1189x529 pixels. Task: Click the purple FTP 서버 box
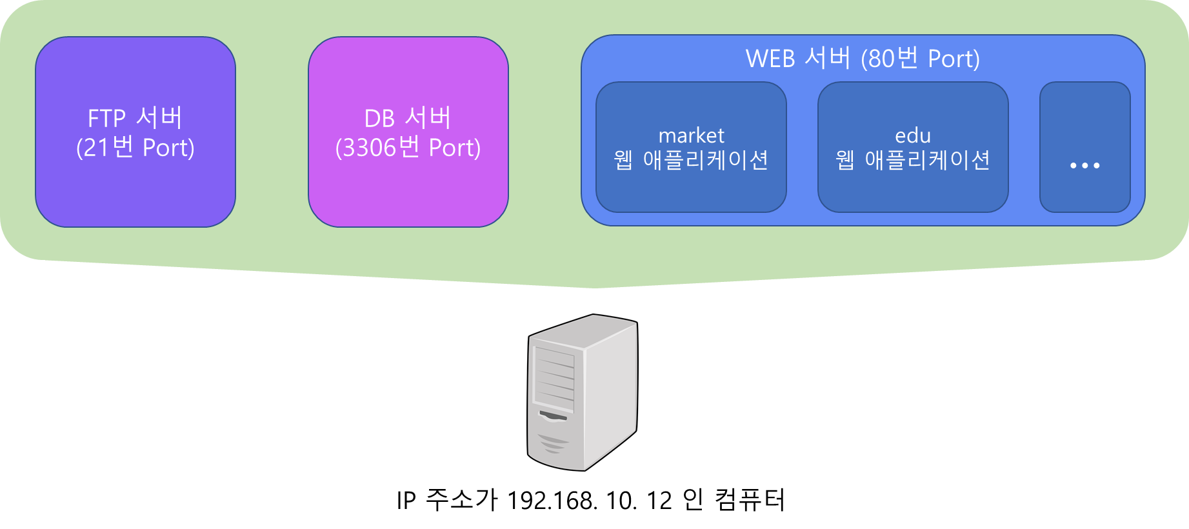(135, 187)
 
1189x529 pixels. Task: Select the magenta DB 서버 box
(408, 187)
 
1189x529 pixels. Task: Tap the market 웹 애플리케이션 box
(690, 190)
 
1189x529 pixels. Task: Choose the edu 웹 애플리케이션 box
(912, 190)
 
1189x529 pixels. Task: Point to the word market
(691, 135)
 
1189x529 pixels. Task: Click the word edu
(913, 135)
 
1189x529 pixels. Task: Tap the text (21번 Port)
(135, 148)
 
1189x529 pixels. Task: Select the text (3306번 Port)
(408, 148)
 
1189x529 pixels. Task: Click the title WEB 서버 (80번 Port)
(863, 59)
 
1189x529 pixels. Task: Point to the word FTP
(106, 119)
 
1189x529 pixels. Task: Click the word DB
(379, 119)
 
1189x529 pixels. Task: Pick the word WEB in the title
(770, 59)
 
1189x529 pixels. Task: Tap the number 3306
(369, 148)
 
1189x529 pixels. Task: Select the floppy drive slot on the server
(553, 415)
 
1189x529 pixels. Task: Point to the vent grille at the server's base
(553, 444)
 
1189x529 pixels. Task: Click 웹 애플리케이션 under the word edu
(912, 160)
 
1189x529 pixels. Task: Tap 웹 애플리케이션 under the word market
(690, 160)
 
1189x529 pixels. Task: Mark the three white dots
(1084, 166)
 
